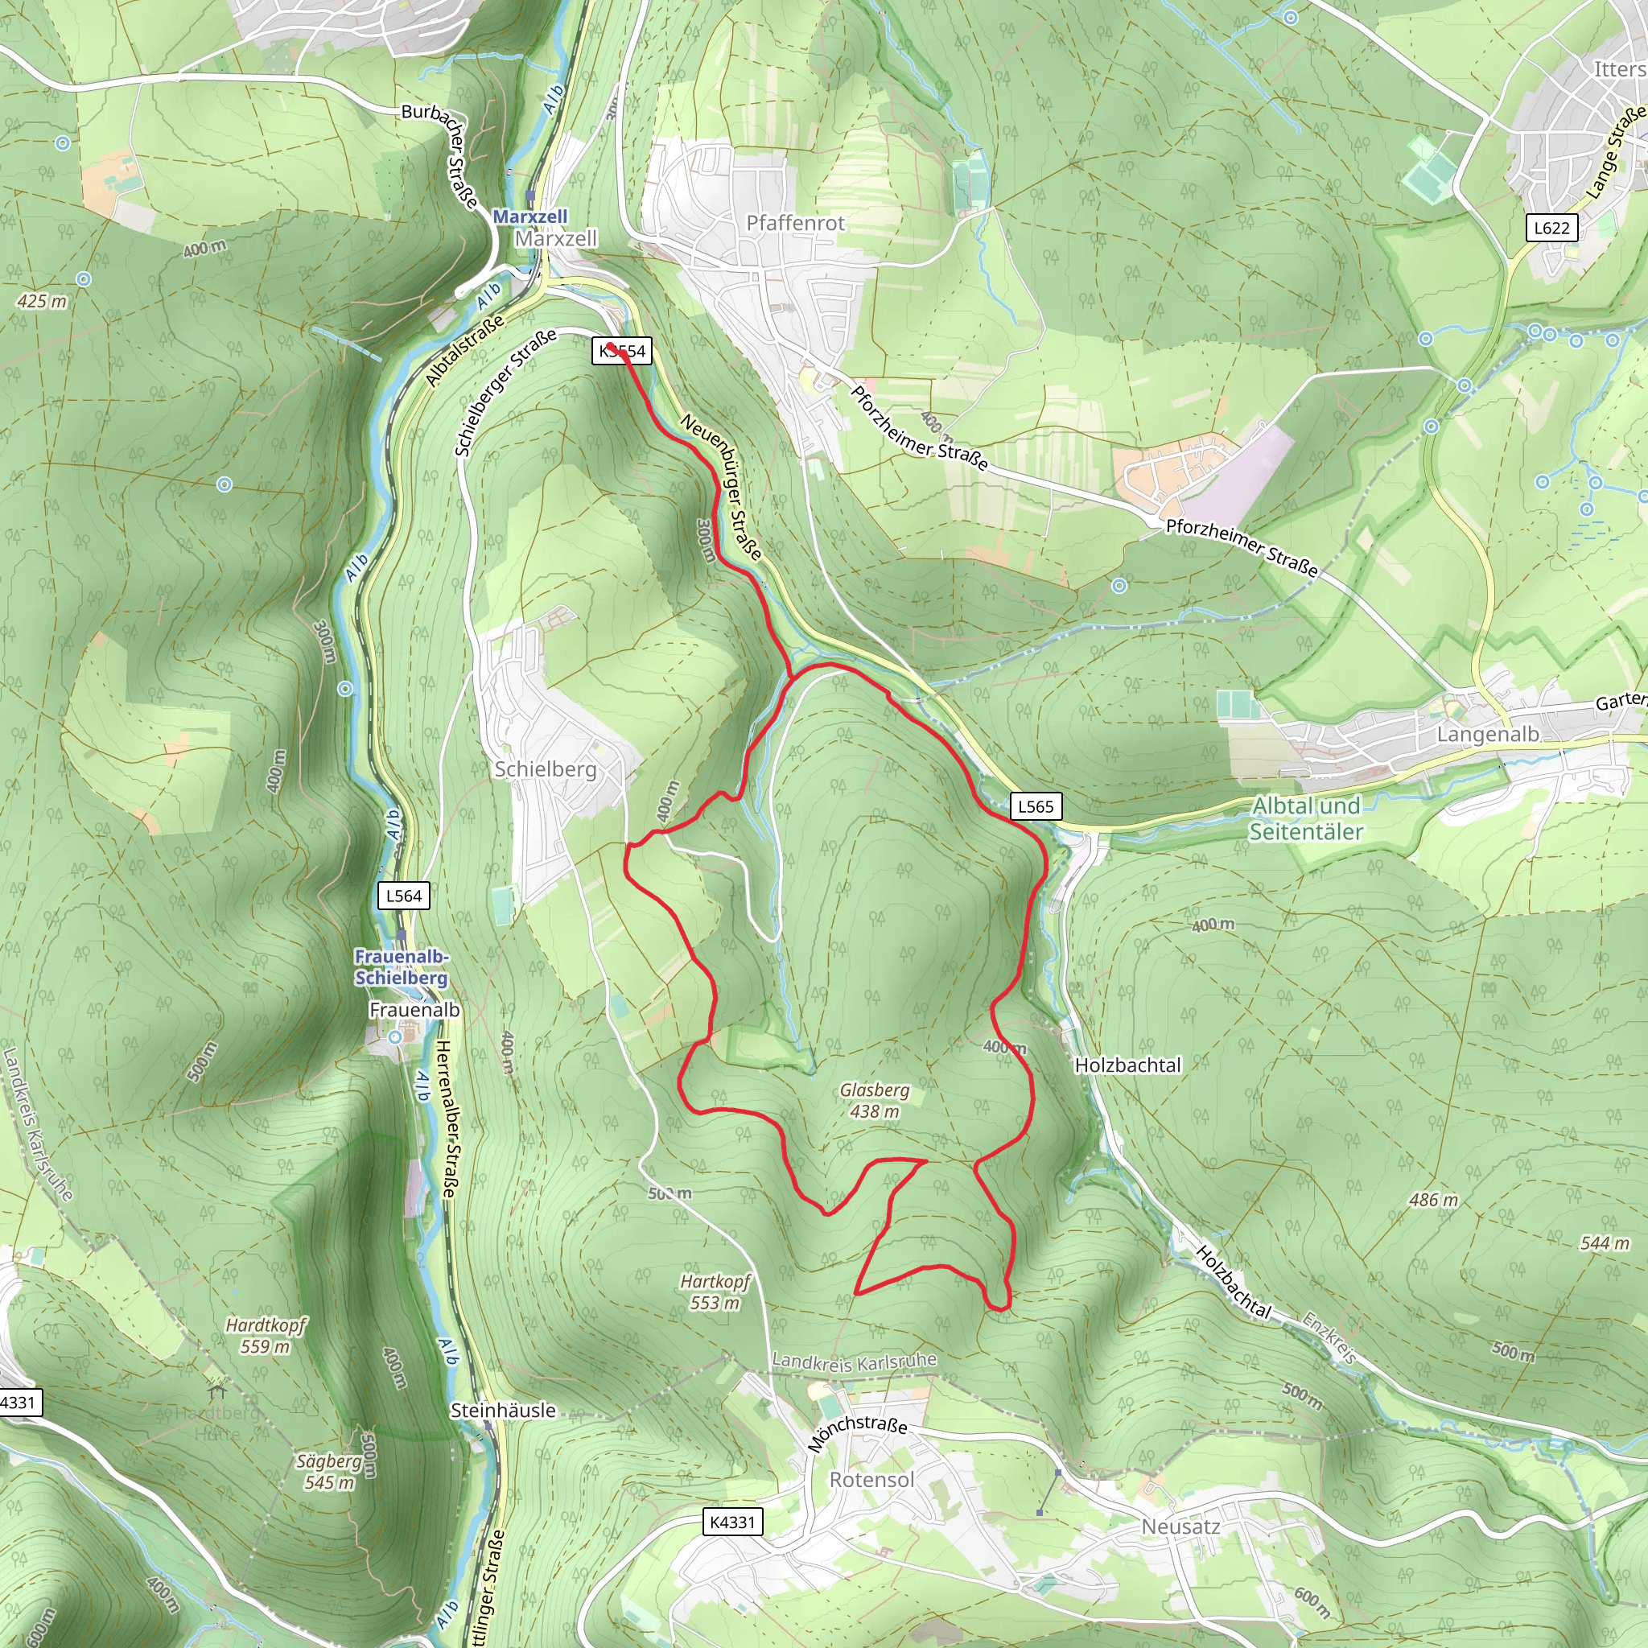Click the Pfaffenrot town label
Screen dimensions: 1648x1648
[x=795, y=223]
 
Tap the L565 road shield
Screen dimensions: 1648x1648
[x=1036, y=806]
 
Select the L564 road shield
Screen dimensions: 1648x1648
[x=403, y=896]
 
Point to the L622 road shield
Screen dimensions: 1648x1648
[x=1551, y=228]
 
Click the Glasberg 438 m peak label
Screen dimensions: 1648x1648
[x=875, y=1100]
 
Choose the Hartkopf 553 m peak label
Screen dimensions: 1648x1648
[x=715, y=1292]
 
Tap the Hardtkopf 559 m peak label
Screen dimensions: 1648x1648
[x=266, y=1335]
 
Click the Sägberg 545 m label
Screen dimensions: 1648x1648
[x=328, y=1472]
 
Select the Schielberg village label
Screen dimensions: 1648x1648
[x=545, y=768]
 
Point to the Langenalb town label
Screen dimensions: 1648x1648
[x=1488, y=734]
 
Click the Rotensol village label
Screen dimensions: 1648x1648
[x=871, y=1479]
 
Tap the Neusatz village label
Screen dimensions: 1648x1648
[x=1180, y=1526]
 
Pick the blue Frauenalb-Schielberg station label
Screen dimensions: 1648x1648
[x=401, y=966]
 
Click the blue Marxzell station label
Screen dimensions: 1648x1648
[x=529, y=216]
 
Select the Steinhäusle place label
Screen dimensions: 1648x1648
[x=502, y=1410]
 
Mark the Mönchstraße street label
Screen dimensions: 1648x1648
[x=856, y=1432]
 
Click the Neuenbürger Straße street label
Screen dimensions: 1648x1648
[x=721, y=486]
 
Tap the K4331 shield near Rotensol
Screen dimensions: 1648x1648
[x=733, y=1522]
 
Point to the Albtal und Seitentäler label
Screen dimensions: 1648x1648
[x=1306, y=818]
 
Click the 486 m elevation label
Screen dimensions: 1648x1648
[x=1433, y=1199]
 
